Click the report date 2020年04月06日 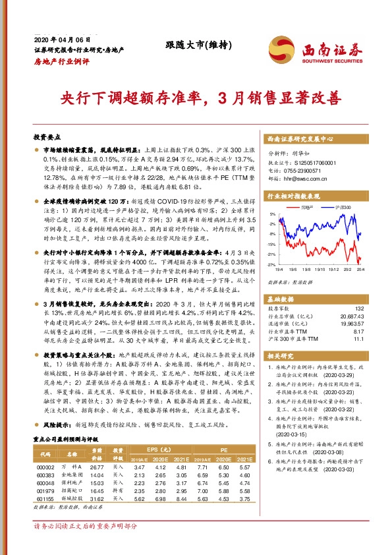point(55,40)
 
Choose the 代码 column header point(45,454)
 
